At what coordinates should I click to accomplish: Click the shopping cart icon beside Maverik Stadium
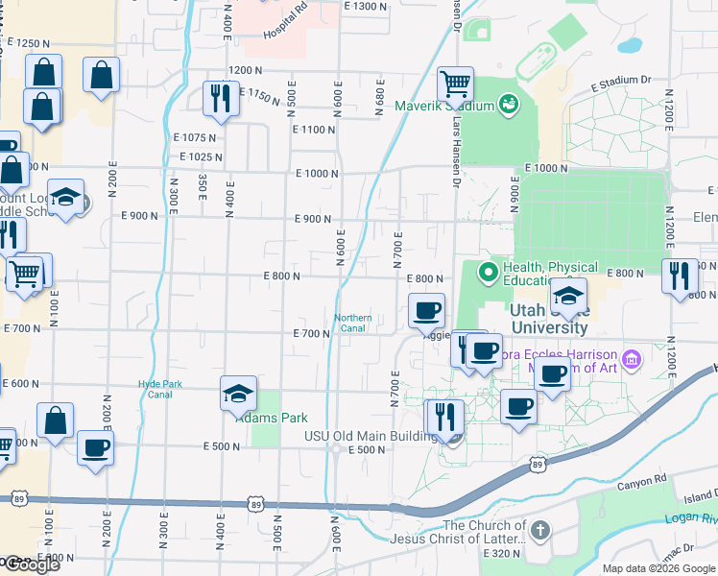pyautogui.click(x=454, y=84)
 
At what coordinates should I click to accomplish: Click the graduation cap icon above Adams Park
pyautogui.click(x=238, y=394)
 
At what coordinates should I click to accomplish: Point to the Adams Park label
pyautogui.click(x=257, y=419)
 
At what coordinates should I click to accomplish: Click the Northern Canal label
pyautogui.click(x=352, y=324)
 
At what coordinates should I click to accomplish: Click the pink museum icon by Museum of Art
pyautogui.click(x=631, y=360)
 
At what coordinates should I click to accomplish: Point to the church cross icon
pyautogui.click(x=540, y=531)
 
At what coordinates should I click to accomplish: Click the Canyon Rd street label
pyautogui.click(x=642, y=480)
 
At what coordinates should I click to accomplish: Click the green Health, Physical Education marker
pyautogui.click(x=488, y=273)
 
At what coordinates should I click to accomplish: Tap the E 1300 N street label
pyautogui.click(x=365, y=7)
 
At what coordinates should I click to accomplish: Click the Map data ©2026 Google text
pyautogui.click(x=658, y=568)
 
